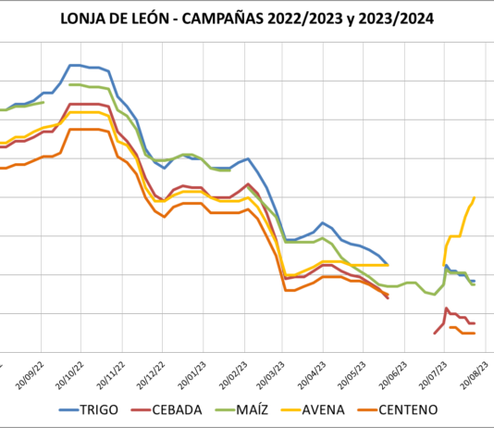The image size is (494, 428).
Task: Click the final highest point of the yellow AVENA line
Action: [x=475, y=197]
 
